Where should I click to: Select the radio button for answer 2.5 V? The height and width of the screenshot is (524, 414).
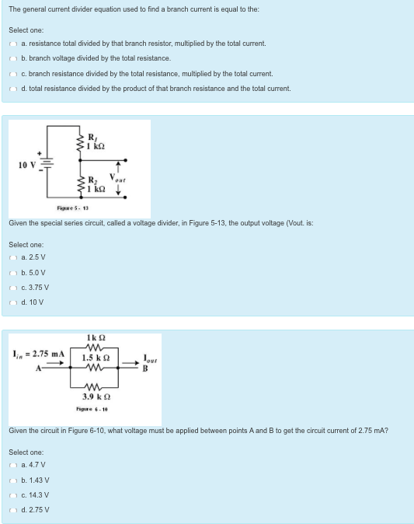(12, 258)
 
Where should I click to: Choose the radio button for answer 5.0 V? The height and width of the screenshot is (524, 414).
(12, 273)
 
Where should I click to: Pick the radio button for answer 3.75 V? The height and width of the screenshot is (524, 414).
(12, 287)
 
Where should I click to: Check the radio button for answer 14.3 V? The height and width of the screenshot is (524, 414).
(12, 495)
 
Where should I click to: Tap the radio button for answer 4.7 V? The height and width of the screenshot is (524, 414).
(12, 466)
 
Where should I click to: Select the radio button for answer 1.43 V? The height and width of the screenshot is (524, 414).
(12, 480)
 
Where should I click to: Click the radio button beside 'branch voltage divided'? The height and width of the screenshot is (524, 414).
(12, 58)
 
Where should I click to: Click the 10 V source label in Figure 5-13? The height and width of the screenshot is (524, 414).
(27, 164)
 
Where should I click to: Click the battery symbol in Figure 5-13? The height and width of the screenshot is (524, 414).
(47, 164)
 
